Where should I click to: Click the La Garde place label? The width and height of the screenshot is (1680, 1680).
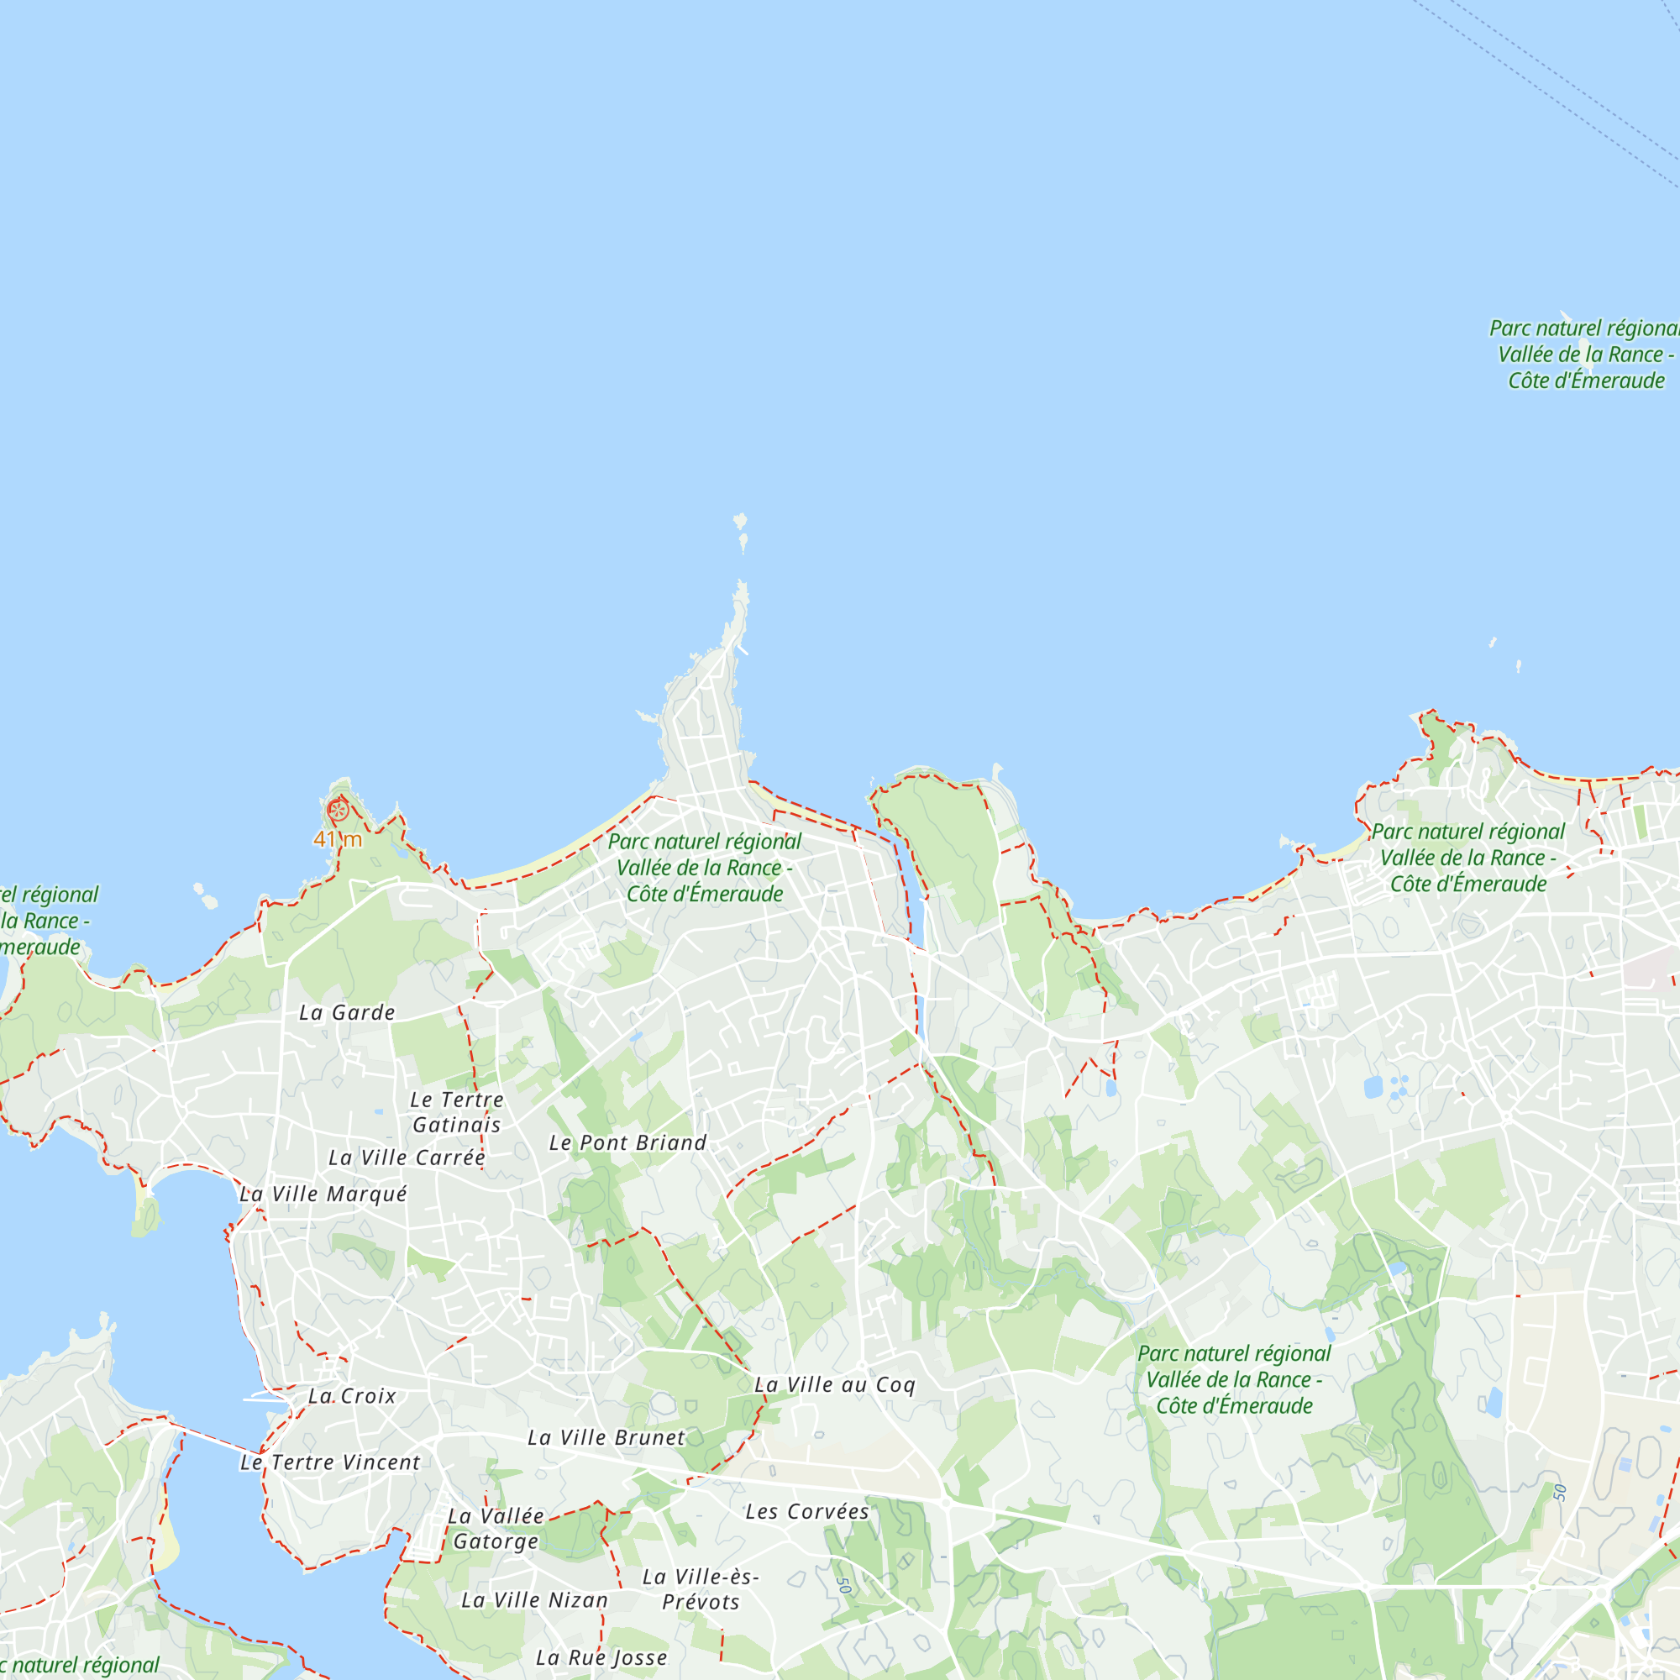tap(347, 1013)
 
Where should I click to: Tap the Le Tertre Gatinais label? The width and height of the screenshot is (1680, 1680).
tap(456, 1112)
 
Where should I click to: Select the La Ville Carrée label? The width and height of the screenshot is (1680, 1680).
tap(406, 1158)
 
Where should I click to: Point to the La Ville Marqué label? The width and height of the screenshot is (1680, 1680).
tap(323, 1194)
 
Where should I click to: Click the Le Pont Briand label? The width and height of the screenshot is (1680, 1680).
tap(627, 1142)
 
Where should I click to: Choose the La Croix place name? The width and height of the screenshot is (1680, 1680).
tap(352, 1395)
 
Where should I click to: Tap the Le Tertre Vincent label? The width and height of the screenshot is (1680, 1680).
tap(330, 1462)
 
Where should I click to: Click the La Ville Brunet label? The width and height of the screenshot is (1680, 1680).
tap(606, 1437)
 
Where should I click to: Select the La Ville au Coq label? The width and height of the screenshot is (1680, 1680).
tap(835, 1384)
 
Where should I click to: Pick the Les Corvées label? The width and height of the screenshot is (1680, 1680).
tap(807, 1511)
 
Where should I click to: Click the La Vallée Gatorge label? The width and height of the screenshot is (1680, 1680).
tap(496, 1529)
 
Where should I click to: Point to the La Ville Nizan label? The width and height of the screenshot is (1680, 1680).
tap(534, 1600)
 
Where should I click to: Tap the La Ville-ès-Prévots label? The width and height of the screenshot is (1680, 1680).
tap(701, 1588)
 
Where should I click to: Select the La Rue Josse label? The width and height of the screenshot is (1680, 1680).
tap(601, 1657)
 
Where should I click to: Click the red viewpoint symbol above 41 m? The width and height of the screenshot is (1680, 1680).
tap(338, 811)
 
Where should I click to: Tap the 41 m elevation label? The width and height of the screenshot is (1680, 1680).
tap(338, 839)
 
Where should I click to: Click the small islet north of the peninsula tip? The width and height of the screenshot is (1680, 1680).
tap(741, 522)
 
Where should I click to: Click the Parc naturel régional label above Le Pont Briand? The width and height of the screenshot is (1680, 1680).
tap(705, 867)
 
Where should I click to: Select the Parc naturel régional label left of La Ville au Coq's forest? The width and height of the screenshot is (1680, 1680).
tap(1234, 1379)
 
